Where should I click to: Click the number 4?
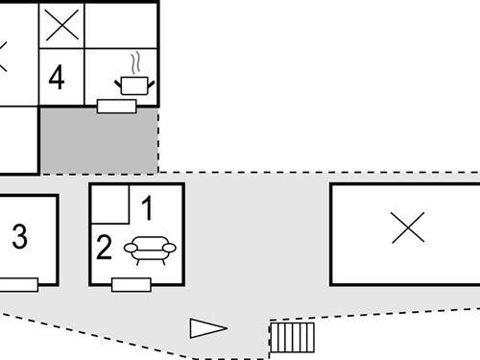57,77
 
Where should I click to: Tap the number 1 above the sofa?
147,205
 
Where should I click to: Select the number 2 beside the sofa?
105,249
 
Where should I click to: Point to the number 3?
19,237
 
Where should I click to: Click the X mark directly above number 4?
61,26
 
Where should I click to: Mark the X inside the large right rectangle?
408,228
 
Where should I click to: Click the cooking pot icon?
135,84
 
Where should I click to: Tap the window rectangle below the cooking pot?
116,106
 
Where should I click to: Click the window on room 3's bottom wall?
18,283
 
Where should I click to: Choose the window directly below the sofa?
132,284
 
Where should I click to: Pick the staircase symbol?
293,337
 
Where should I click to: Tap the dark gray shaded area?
98,140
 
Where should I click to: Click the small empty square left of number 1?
109,204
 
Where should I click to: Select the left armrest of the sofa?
131,248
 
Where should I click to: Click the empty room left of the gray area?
17,140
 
